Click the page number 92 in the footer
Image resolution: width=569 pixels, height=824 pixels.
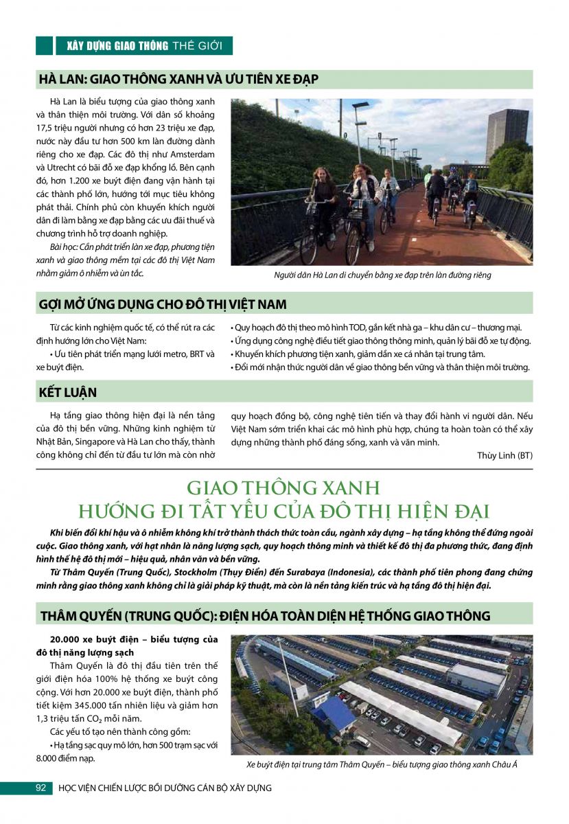pyautogui.click(x=40, y=788)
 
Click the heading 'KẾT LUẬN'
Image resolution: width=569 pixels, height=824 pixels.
pyautogui.click(x=68, y=392)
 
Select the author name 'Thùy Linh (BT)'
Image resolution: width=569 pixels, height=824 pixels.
pyautogui.click(x=504, y=455)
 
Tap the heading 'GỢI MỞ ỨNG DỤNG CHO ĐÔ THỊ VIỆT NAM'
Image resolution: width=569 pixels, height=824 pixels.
pyautogui.click(x=163, y=304)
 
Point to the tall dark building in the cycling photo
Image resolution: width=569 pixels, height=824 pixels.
pyautogui.click(x=507, y=135)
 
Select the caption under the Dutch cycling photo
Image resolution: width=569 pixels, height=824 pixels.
pyautogui.click(x=382, y=275)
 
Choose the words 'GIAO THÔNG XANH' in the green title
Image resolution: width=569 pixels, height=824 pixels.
pyautogui.click(x=283, y=488)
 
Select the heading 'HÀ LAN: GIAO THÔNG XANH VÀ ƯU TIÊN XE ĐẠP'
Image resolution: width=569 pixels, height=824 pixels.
pyautogui.click(x=178, y=80)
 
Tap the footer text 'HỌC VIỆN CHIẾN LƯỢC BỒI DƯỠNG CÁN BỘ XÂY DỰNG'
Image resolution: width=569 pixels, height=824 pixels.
pyautogui.click(x=165, y=788)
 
